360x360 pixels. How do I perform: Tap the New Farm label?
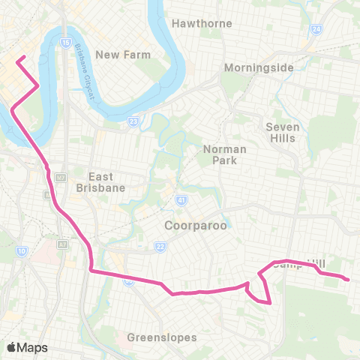(x=123, y=55)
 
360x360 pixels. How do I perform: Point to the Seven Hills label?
(x=283, y=133)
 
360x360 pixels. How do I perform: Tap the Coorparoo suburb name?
(x=195, y=225)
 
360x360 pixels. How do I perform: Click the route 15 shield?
(x=66, y=43)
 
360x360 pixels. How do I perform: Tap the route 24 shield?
(x=316, y=28)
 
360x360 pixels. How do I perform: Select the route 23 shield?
(x=133, y=121)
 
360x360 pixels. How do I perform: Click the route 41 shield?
(x=181, y=202)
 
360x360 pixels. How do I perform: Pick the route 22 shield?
(x=160, y=245)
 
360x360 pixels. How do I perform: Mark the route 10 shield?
(x=22, y=250)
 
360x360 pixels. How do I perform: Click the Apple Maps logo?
(x=27, y=347)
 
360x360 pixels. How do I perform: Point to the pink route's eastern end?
(x=348, y=280)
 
